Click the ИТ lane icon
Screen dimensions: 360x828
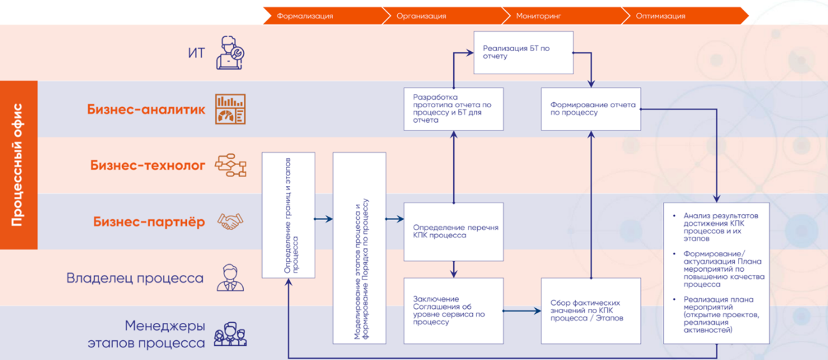(x=231, y=52)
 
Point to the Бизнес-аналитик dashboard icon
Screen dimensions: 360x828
(x=230, y=109)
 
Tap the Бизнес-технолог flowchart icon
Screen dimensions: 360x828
(x=230, y=165)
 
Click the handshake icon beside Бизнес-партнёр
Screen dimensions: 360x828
(x=230, y=222)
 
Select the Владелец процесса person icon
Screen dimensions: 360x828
(x=230, y=278)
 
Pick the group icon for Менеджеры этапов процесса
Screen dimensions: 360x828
(x=230, y=334)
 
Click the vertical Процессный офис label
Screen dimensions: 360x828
(x=19, y=164)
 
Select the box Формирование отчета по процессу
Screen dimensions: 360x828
(x=590, y=109)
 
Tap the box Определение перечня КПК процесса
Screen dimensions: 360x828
(x=454, y=231)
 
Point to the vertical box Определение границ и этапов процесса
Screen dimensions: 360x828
(x=289, y=214)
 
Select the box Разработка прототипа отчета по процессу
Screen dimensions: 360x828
(x=454, y=109)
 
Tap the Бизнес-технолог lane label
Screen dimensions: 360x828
(x=146, y=166)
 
